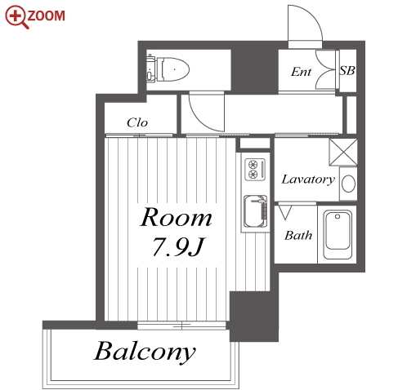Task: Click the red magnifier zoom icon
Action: (16, 16)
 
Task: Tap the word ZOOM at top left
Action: (47, 16)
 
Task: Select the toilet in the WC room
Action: (168, 69)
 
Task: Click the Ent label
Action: (301, 72)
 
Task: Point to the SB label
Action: (347, 71)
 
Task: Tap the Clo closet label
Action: (137, 122)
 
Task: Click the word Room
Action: (176, 217)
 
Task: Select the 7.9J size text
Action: (178, 246)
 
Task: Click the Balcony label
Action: (145, 352)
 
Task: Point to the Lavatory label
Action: (308, 179)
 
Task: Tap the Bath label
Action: (298, 235)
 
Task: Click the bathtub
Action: (338, 234)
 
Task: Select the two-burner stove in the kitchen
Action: (255, 169)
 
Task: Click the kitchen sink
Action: (255, 211)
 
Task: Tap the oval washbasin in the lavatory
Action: (348, 184)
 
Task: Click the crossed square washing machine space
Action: (343, 152)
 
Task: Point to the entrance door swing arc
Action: (315, 18)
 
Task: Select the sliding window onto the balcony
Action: (181, 326)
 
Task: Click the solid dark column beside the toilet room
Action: (254, 70)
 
